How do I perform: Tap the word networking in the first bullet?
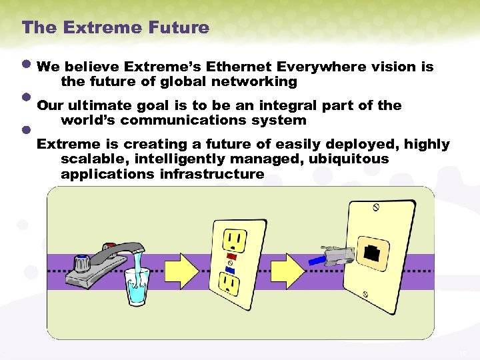255,81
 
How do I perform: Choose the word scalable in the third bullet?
90,159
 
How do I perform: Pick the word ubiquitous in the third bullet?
348,159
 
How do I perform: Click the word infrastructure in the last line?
211,174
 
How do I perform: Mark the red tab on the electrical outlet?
232,255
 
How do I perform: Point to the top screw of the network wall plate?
376,208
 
